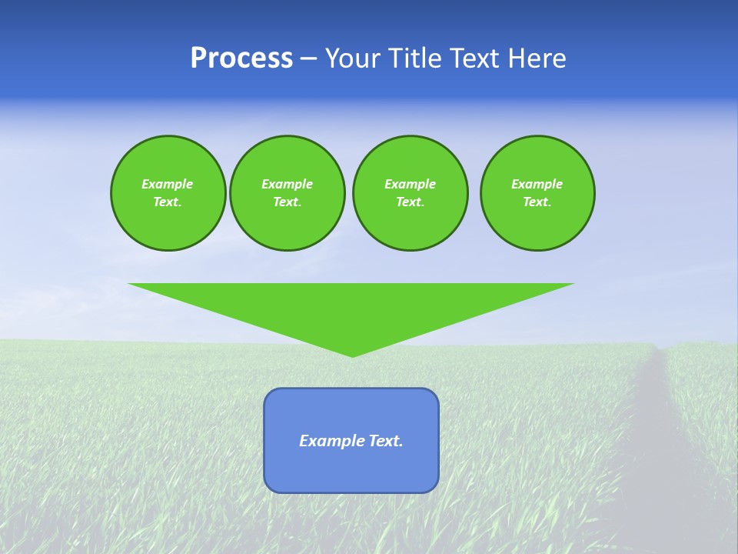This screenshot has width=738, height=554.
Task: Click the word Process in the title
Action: click(241, 58)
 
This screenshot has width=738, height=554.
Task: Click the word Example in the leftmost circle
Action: click(168, 184)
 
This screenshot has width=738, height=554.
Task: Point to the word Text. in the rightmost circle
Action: click(537, 202)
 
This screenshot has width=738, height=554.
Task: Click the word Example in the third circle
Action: click(410, 184)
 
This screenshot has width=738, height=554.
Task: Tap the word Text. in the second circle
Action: click(288, 202)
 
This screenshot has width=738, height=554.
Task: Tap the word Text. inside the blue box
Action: click(386, 441)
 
